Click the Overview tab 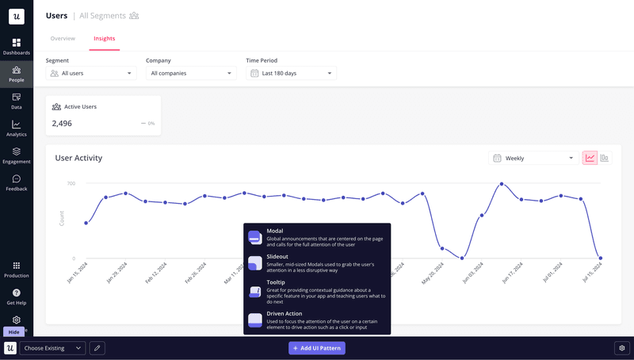click(x=63, y=38)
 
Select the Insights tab click(x=105, y=38)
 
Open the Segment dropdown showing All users click(x=91, y=73)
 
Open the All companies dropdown click(x=191, y=73)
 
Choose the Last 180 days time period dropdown click(x=291, y=73)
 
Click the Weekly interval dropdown click(x=532, y=158)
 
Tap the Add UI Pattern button click(x=317, y=348)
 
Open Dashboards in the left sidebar click(x=17, y=47)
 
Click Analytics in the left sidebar click(x=17, y=128)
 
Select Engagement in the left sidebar click(x=17, y=155)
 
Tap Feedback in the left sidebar click(x=17, y=183)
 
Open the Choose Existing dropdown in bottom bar click(x=53, y=348)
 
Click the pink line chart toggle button click(x=590, y=158)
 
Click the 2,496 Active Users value click(x=62, y=123)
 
